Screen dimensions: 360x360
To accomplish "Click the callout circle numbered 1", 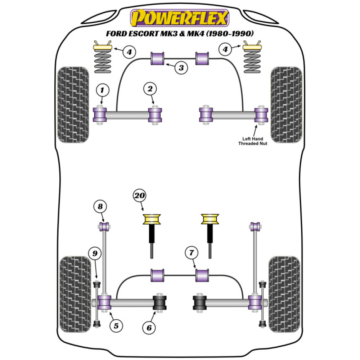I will (102, 90).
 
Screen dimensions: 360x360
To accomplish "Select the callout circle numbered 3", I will (181, 67).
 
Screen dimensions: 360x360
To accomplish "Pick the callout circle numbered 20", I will (140, 195).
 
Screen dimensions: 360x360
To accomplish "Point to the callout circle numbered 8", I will (100, 207).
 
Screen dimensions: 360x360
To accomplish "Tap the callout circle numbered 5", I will (116, 326).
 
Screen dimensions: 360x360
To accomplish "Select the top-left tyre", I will (73, 104).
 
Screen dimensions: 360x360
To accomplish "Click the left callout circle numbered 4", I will (129, 52).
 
